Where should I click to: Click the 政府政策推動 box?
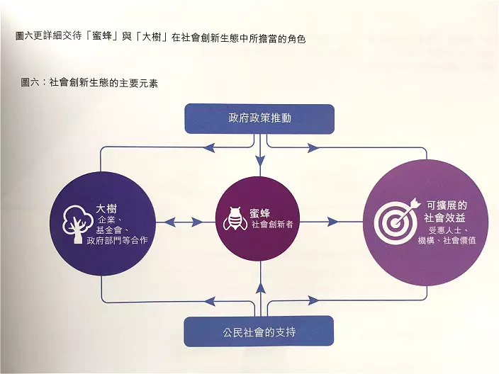tap(259, 118)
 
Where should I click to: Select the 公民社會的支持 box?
tap(259, 331)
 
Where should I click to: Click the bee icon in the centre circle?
tap(235, 219)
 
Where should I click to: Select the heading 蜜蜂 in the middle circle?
tap(259, 212)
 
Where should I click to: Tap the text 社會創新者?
tap(272, 225)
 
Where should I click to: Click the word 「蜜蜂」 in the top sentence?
tap(103, 36)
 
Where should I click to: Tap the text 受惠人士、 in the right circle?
tap(447, 229)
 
